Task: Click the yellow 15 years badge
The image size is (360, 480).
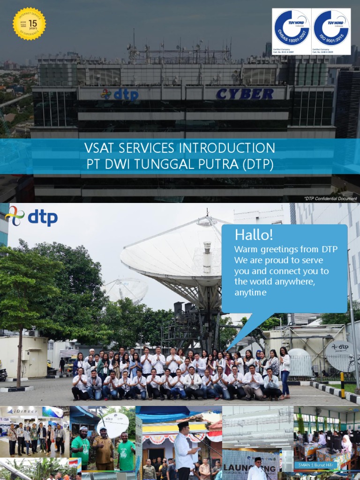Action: pyautogui.click(x=29, y=23)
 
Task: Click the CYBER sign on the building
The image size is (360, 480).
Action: pyautogui.click(x=245, y=94)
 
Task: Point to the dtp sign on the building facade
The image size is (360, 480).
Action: pyautogui.click(x=120, y=95)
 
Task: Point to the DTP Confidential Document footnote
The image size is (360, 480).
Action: pyautogui.click(x=330, y=199)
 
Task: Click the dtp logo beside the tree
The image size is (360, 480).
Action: pyautogui.click(x=31, y=217)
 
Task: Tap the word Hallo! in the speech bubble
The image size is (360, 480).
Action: pyautogui.click(x=254, y=235)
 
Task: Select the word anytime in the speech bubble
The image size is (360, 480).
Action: pyautogui.click(x=250, y=292)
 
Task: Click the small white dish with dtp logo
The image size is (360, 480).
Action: pyautogui.click(x=340, y=355)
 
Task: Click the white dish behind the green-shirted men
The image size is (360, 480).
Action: pyautogui.click(x=112, y=425)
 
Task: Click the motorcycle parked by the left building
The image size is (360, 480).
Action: pyautogui.click(x=3, y=374)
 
